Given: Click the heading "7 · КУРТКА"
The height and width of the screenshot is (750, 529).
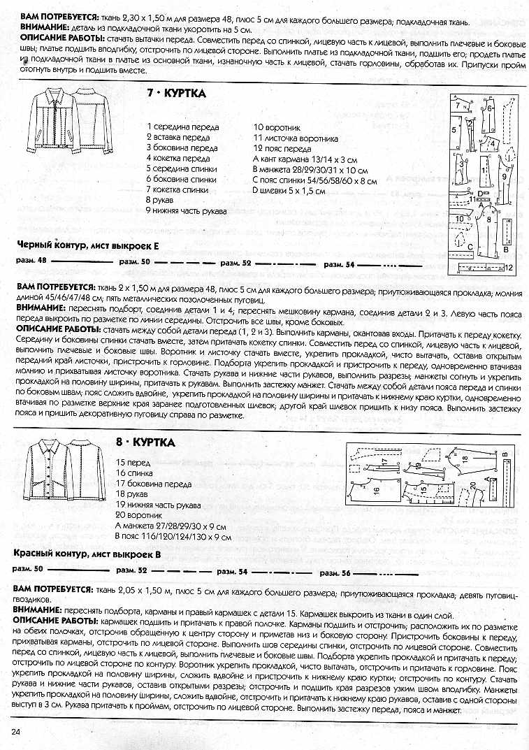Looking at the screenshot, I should (175, 94).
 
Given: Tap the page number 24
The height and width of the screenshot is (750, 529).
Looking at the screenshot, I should (15, 730).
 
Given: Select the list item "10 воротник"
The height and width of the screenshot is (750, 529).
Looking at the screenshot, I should (276, 127).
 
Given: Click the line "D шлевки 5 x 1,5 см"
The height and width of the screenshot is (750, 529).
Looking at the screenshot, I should (289, 190).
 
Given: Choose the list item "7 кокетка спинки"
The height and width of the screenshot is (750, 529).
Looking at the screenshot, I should (177, 189).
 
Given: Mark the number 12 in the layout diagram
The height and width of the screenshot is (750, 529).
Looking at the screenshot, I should (507, 268).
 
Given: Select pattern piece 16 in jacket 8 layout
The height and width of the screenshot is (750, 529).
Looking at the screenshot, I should (375, 489).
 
